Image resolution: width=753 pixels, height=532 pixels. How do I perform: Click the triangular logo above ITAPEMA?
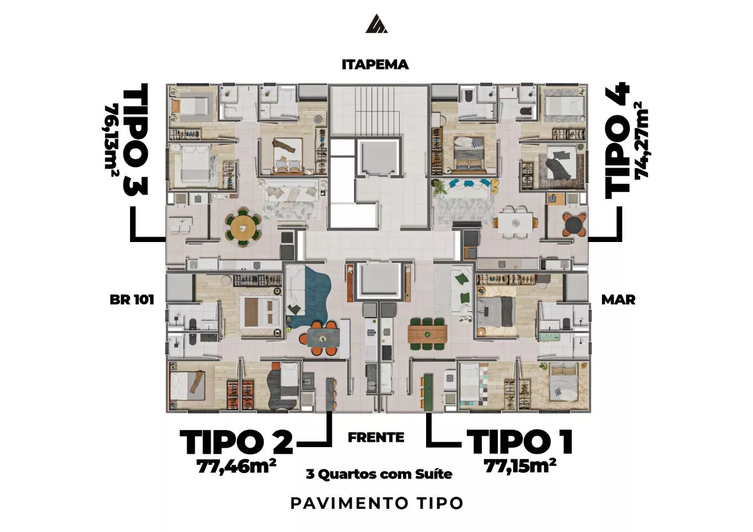coord(376,24)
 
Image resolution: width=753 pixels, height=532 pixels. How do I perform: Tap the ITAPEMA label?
coord(375,65)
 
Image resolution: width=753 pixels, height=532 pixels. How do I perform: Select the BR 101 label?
coord(132,299)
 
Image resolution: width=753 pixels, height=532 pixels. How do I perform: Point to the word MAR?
coord(618,299)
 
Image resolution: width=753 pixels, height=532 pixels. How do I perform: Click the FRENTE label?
coord(376,438)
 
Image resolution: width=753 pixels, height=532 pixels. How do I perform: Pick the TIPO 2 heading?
coord(236,442)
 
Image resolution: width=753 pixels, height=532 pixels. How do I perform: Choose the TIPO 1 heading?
coord(520,443)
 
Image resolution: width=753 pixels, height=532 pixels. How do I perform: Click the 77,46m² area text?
coord(236,466)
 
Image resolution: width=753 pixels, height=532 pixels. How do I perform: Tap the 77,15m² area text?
coord(520,466)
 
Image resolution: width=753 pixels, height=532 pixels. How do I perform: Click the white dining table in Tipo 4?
coord(515,222)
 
